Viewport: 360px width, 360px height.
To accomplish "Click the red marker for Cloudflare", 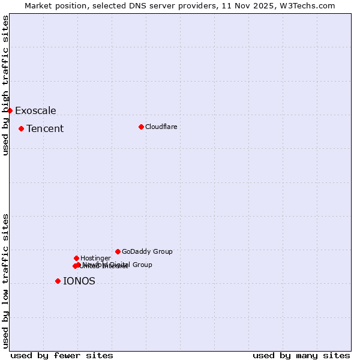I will pos(141,127).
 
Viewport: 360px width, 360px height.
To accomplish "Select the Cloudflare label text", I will pos(161,127).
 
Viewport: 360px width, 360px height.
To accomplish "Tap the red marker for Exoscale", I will pos(10,110).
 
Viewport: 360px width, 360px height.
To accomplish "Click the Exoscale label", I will pos(35,110).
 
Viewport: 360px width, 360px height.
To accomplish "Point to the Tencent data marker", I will pos(21,128).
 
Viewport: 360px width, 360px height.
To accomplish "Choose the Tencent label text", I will pos(45,128).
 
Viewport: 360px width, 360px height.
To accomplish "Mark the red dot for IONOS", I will pos(58,281).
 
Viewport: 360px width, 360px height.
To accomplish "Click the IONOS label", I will pos(79,281).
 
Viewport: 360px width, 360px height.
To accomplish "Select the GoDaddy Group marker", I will pos(118,251).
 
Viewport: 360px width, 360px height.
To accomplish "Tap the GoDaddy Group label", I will pos(147,251).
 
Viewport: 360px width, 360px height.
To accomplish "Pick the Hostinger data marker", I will pos(76,258).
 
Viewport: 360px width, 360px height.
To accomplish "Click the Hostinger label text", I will pos(95,258).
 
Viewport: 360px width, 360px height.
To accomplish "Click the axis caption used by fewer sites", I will pos(62,355).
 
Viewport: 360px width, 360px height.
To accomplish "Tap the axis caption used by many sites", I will pos(301,355).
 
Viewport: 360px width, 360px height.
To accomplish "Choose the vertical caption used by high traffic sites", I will pos(5,85).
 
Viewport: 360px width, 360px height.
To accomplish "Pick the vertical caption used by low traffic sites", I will pos(5,281).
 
